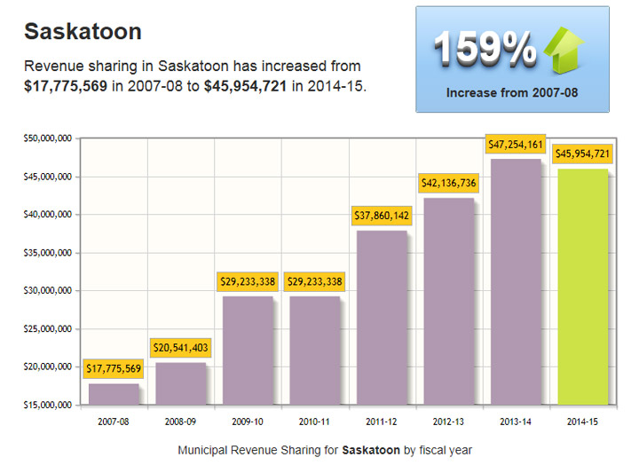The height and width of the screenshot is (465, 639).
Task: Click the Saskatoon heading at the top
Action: pos(83,32)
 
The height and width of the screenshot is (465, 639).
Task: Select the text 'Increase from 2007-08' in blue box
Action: pos(512,91)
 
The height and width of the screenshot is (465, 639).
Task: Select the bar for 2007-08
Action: pos(114,393)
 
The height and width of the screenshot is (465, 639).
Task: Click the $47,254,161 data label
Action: pos(516,144)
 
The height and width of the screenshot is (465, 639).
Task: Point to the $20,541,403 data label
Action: pos(181,347)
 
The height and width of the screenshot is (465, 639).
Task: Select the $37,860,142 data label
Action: pos(382,216)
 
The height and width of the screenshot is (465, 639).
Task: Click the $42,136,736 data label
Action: pos(448,183)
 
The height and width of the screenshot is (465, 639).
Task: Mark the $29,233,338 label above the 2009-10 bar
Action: pos(248,281)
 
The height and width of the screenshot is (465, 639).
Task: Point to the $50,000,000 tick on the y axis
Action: pos(49,138)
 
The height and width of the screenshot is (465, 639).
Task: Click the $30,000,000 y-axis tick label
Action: pos(49,290)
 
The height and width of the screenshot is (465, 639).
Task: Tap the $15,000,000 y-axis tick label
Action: pos(49,405)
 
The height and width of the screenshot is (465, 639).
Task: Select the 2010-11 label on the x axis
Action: pos(315,422)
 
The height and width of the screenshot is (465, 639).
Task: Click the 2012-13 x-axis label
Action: pos(448,422)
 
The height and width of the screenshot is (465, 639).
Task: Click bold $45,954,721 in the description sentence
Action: pos(245,86)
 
